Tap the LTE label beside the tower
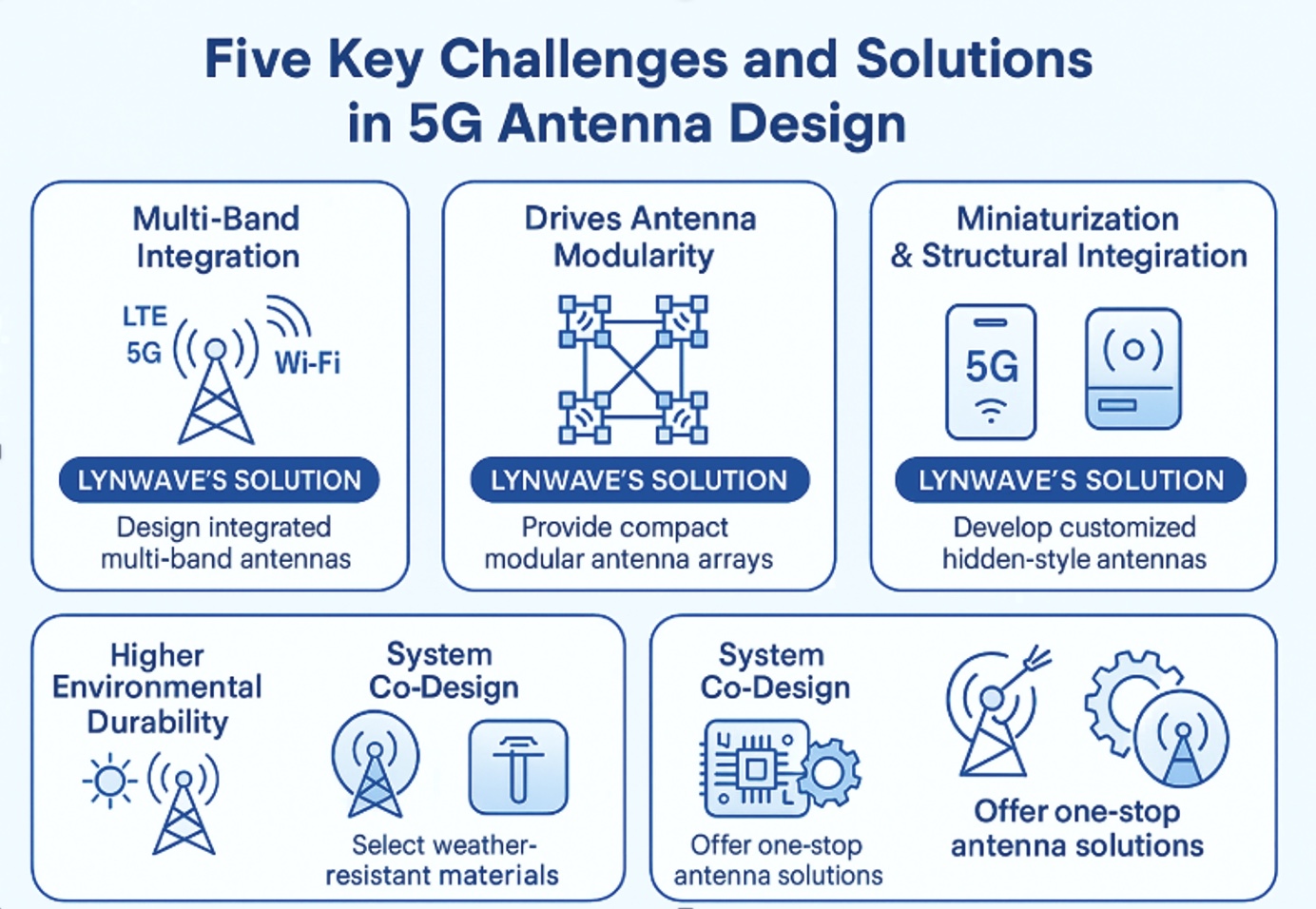pos(145,317)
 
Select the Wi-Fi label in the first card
pos(307,362)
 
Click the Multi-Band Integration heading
pos(217,238)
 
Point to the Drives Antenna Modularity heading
pos(640,238)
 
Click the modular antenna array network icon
pos(632,370)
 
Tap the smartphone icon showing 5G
pos(991,372)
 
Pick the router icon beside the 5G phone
pos(1133,368)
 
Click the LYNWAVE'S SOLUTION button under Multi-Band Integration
pos(219,480)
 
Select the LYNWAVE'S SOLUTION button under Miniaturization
pos(1071,480)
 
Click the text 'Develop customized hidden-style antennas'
pos(1074,544)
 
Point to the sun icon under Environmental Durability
pos(110,781)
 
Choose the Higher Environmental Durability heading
pos(158,688)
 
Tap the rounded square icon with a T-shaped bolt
pos(518,766)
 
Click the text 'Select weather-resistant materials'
pos(442,861)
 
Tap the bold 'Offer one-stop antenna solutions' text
pos(1077,829)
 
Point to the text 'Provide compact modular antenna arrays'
pos(628,544)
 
